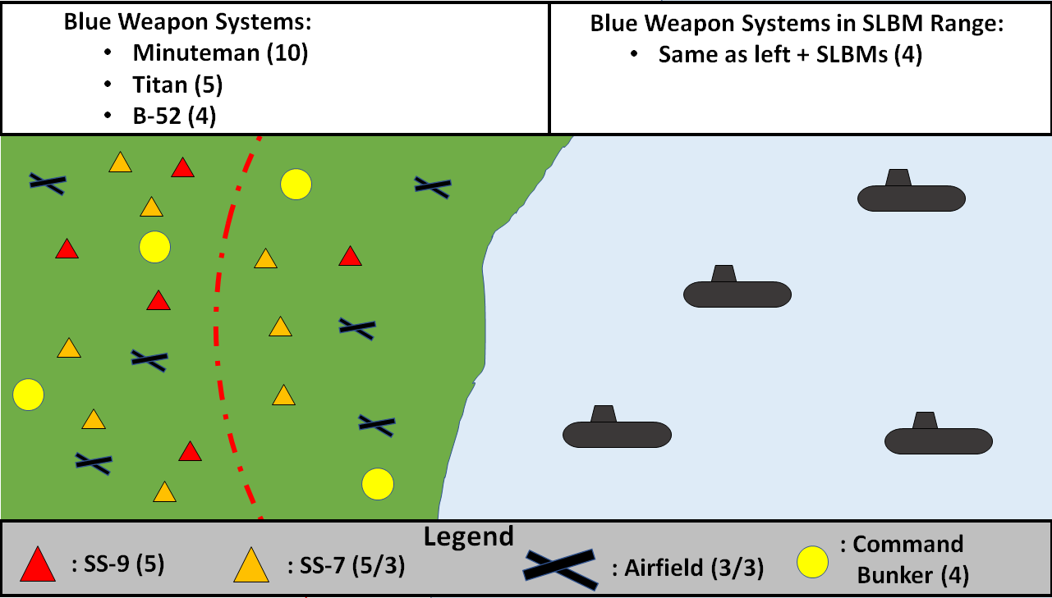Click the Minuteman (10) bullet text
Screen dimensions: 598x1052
point(220,55)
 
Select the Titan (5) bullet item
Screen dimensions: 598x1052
point(177,85)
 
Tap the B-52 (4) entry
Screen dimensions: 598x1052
point(174,116)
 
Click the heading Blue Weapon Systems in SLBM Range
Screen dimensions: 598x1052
point(797,24)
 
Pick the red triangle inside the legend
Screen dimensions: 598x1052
point(38,565)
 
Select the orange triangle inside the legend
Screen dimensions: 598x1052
point(250,565)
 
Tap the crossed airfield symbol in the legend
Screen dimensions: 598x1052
point(560,567)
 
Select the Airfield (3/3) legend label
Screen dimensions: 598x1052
point(688,568)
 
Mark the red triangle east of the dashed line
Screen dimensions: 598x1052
point(351,257)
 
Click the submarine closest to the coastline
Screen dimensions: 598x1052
point(616,431)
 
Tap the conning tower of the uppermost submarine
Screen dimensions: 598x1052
point(898,177)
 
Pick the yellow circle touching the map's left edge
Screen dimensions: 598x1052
point(28,395)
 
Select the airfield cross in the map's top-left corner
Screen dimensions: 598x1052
point(48,183)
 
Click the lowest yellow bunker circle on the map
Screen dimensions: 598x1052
point(377,483)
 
